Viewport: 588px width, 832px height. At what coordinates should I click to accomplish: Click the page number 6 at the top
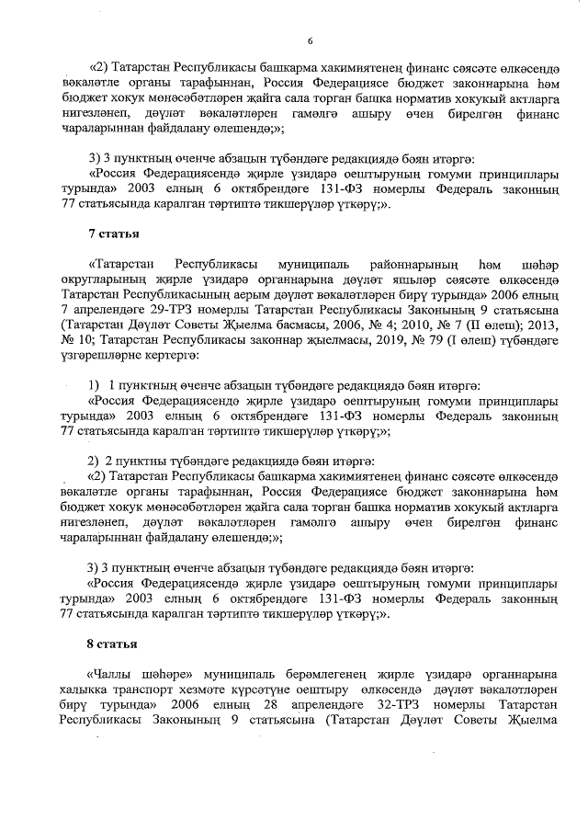pos(310,40)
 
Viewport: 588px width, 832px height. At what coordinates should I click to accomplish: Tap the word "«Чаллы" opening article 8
pos(108,676)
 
